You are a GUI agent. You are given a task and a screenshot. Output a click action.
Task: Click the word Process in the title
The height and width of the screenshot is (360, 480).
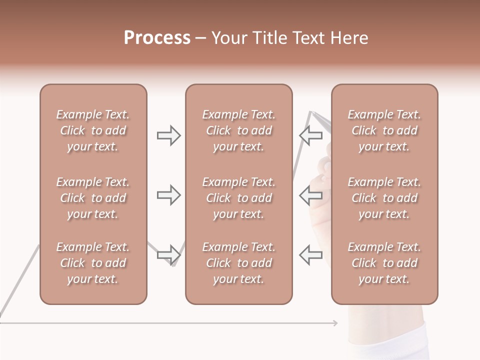pyautogui.click(x=157, y=38)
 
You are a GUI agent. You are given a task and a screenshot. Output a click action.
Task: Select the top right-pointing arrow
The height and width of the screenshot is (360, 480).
pyautogui.click(x=168, y=135)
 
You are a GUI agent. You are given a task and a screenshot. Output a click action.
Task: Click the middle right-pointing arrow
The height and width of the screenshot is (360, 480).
pyautogui.click(x=168, y=195)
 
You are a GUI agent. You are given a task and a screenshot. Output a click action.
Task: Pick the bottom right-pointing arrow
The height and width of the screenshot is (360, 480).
pyautogui.click(x=168, y=255)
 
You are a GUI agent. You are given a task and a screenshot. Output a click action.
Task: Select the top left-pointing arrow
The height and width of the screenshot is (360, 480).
pyautogui.click(x=310, y=135)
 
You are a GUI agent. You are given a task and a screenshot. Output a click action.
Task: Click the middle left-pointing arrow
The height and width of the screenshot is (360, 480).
pyautogui.click(x=310, y=195)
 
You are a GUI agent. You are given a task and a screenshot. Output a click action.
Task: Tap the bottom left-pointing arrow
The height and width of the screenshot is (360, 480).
pyautogui.click(x=310, y=255)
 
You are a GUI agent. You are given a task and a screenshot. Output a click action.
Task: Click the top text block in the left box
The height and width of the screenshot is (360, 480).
pyautogui.click(x=93, y=130)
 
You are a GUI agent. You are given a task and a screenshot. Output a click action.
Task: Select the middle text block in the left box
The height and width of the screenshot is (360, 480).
pyautogui.click(x=93, y=198)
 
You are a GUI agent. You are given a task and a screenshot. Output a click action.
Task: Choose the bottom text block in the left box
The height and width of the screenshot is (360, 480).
pyautogui.click(x=93, y=263)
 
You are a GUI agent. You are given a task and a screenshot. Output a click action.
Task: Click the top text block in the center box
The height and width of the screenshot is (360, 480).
pyautogui.click(x=238, y=130)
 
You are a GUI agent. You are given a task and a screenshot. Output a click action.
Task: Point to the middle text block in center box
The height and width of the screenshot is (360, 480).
pyautogui.click(x=238, y=198)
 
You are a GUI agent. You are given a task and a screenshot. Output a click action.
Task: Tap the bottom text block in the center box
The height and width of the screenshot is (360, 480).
pyautogui.click(x=238, y=263)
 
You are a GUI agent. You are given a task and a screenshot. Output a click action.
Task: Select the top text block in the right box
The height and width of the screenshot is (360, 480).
pyautogui.click(x=384, y=130)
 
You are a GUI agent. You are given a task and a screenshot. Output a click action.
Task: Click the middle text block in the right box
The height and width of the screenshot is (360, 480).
pyautogui.click(x=384, y=198)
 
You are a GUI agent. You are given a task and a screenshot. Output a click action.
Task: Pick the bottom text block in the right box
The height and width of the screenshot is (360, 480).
pyautogui.click(x=384, y=263)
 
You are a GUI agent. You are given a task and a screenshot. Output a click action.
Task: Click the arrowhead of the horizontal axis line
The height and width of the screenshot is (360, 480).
pyautogui.click(x=335, y=323)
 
